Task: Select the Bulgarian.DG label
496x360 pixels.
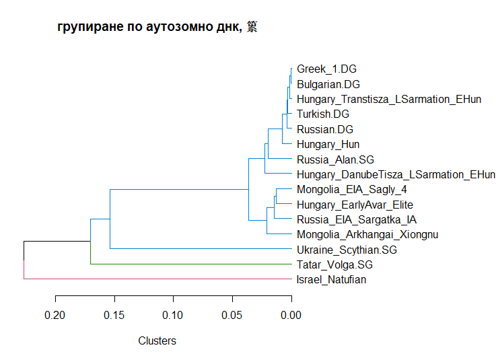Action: (x=328, y=84)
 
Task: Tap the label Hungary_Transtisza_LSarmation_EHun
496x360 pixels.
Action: (x=389, y=99)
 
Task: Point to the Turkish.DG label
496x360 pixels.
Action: (x=323, y=114)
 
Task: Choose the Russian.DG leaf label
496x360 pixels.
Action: (x=325, y=129)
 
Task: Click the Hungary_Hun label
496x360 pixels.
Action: (x=328, y=144)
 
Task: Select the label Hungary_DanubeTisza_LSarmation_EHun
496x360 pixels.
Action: (x=391, y=174)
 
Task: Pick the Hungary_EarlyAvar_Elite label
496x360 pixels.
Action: (x=355, y=205)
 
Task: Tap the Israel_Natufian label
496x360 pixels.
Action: (x=331, y=280)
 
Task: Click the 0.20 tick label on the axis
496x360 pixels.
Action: (x=55, y=315)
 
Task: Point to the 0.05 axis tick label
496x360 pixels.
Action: (x=233, y=315)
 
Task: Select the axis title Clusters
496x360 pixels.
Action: (x=157, y=340)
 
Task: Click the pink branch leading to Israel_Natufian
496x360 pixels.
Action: (x=155, y=279)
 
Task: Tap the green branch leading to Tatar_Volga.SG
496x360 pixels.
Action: (x=188, y=264)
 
